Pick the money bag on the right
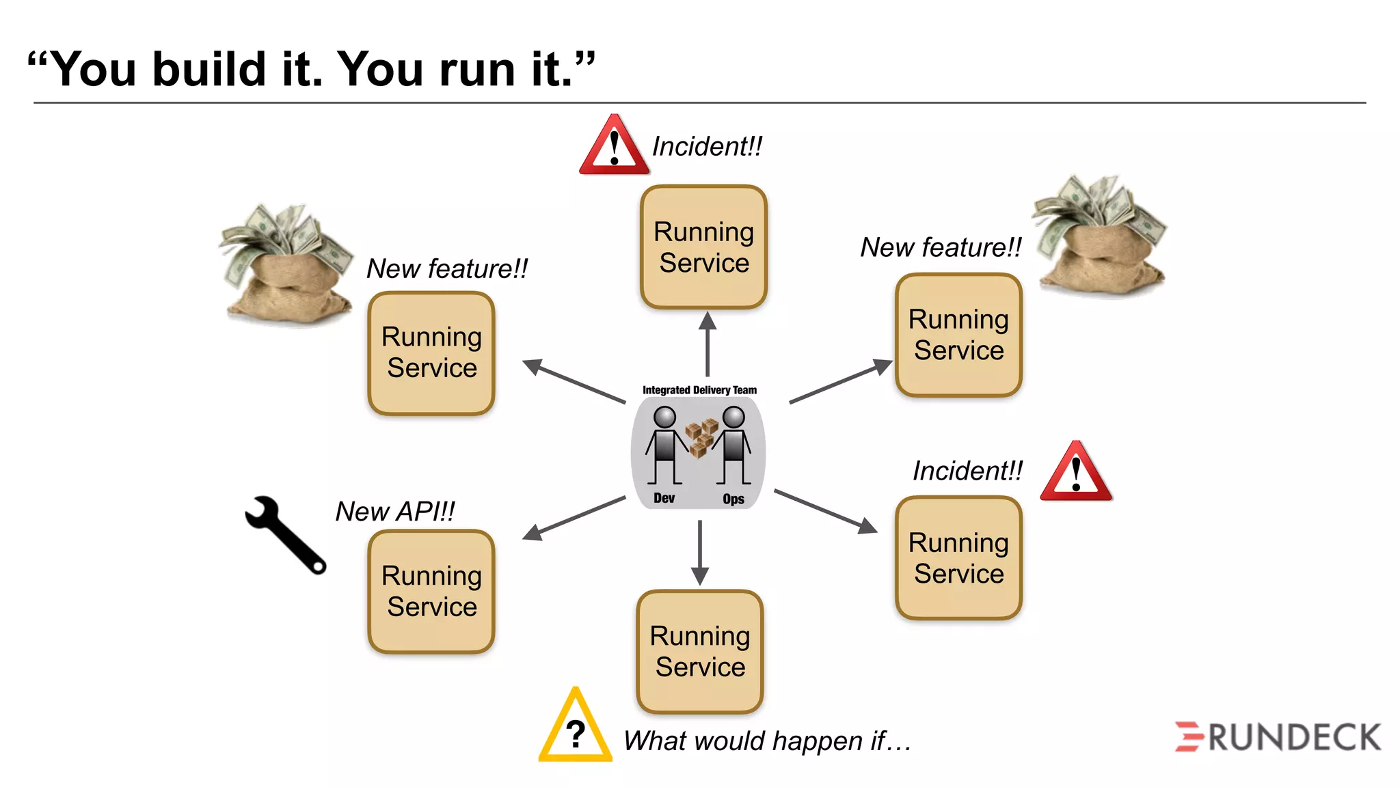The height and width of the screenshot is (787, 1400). [1099, 236]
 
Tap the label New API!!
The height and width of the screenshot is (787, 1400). [395, 511]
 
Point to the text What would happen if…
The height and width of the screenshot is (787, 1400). [767, 741]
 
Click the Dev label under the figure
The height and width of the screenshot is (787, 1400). [664, 498]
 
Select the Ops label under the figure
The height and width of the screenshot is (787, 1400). [733, 499]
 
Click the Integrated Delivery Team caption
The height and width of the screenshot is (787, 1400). [699, 390]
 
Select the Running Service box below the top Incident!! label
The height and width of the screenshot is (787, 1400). [703, 247]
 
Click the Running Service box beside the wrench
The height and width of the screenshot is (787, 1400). [431, 592]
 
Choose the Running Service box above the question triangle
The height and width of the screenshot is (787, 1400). [699, 651]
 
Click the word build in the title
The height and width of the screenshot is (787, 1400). [208, 70]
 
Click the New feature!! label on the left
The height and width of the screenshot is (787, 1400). [447, 268]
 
